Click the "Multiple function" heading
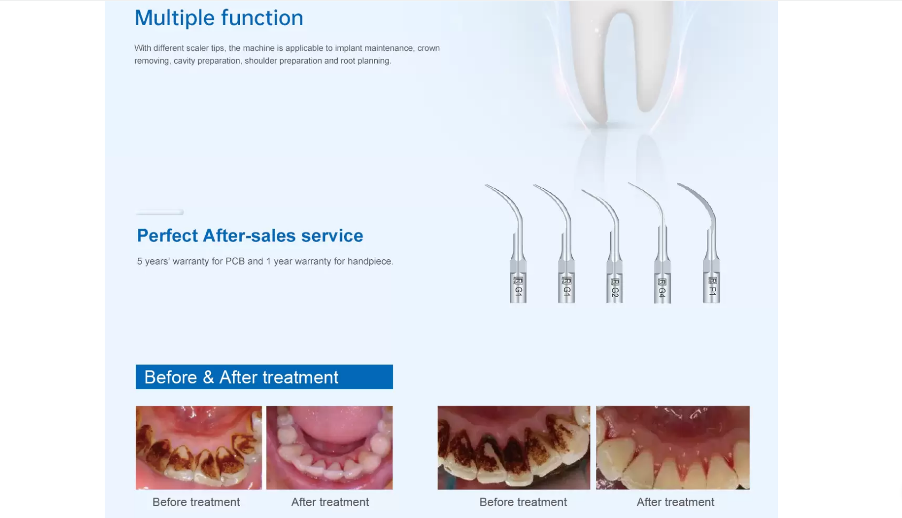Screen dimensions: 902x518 pos(219,18)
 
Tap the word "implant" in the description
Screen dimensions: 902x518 pos(348,48)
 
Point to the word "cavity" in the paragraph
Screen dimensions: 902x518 pos(184,61)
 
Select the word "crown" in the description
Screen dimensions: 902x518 pos(429,48)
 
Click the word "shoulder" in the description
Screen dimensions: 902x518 pos(261,61)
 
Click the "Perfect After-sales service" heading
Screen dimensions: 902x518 pos(250,236)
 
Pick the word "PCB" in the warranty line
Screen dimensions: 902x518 pos(235,261)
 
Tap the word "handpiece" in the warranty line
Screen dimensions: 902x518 pos(370,261)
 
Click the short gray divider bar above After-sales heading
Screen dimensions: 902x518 pos(160,212)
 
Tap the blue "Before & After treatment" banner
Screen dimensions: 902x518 pos(264,377)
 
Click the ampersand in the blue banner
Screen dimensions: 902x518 pos(208,377)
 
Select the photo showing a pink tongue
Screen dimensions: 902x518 pos(329,447)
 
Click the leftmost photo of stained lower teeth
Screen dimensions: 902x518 pos(199,447)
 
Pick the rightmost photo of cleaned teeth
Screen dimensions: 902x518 pos(672,447)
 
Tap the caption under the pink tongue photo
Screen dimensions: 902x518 pos(330,502)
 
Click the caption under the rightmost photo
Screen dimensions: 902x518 pos(675,502)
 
